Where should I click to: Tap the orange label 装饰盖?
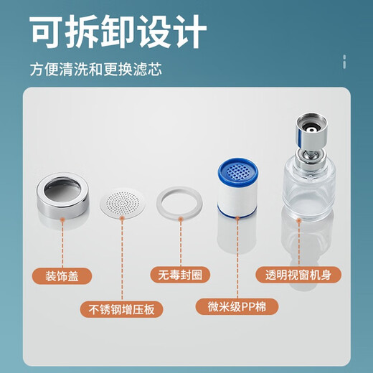[x=62, y=274]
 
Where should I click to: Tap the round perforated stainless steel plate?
[x=123, y=203]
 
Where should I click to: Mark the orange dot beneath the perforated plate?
[x=123, y=228]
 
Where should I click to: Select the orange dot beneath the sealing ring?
[x=179, y=228]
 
